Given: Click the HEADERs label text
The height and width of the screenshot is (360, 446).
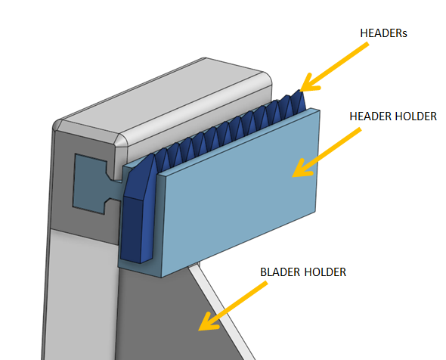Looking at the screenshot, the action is (383, 33).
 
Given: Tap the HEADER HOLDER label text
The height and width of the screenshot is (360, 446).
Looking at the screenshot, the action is (393, 116).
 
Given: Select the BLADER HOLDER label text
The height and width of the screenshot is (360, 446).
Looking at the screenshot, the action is (303, 272).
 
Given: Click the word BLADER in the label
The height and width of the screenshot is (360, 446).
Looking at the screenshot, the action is (280, 272).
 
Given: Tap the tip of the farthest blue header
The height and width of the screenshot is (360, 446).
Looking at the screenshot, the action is (299, 91).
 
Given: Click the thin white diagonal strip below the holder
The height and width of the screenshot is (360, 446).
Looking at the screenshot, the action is (221, 310).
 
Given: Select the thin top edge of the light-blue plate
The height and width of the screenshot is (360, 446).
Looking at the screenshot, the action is (239, 141).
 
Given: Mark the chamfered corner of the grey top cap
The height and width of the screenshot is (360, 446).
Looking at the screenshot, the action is (121, 140).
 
